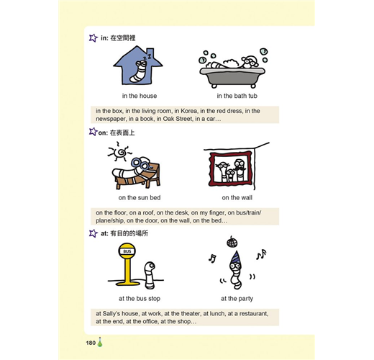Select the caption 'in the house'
140,96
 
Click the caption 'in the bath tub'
237,96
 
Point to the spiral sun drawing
119,152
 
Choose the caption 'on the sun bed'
140,197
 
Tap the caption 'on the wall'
237,197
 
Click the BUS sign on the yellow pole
127,251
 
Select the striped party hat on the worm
236,257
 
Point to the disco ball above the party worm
232,242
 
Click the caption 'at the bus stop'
140,298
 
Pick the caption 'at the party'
237,298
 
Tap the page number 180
91,343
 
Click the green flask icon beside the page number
100,342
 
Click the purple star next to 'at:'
93,233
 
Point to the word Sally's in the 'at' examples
111,313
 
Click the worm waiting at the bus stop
150,275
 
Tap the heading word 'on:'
103,132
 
